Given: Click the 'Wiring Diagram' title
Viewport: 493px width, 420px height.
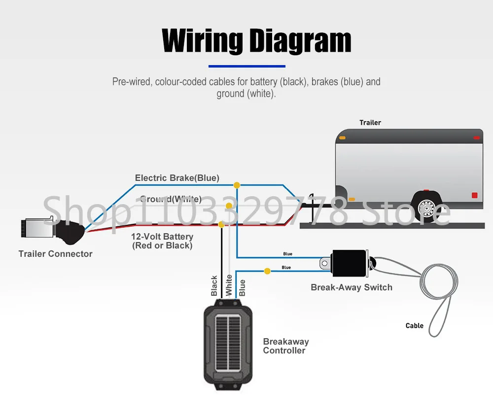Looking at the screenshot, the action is [256, 41].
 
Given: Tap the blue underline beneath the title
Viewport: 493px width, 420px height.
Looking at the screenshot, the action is [247, 67].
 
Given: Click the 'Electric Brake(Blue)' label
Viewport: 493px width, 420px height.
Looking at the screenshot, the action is [177, 178].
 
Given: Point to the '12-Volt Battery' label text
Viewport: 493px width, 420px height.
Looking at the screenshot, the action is [162, 237].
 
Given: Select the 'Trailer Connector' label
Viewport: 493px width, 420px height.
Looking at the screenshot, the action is [55, 254].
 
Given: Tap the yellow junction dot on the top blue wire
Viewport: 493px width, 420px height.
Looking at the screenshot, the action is [237, 185].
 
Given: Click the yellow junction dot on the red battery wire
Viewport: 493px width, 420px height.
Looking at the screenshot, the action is [221, 224].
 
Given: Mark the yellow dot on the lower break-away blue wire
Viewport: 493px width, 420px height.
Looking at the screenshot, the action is [267, 271].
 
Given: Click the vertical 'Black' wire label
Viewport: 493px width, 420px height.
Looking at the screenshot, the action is [214, 286].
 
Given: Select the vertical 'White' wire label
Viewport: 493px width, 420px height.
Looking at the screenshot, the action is [229, 285].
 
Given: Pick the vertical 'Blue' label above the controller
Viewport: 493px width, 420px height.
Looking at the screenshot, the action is [242, 288].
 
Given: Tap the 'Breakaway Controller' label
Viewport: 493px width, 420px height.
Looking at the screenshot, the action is [286, 346].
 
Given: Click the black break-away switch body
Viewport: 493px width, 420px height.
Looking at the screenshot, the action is [350, 263].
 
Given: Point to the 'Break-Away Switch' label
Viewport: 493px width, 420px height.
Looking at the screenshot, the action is [352, 287].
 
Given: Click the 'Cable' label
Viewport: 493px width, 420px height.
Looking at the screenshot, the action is [415, 326].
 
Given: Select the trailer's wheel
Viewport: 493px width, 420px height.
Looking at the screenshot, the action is [426, 208].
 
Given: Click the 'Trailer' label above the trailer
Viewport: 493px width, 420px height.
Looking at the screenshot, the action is [370, 123].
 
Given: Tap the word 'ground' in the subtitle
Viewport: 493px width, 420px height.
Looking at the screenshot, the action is [230, 94].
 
